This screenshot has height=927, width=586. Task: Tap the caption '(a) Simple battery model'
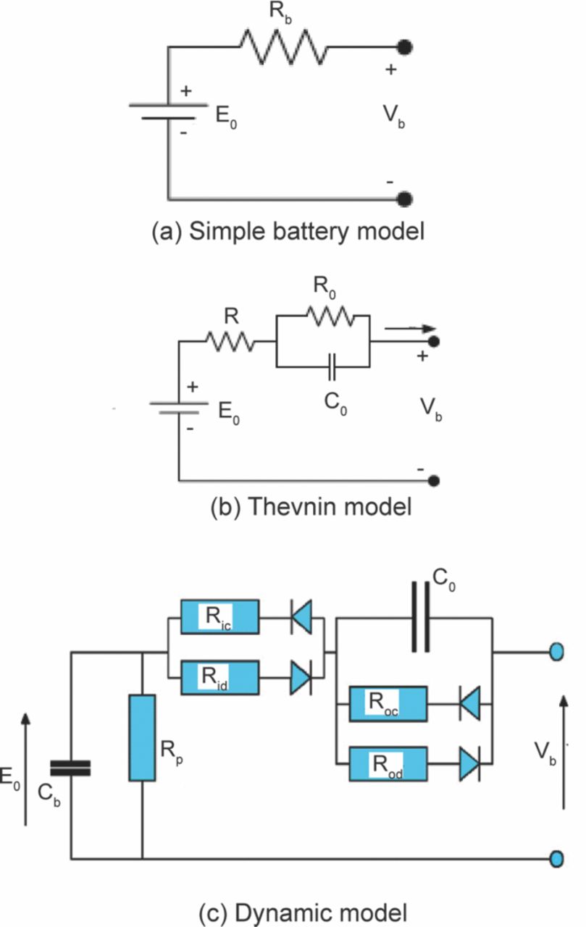[286, 232]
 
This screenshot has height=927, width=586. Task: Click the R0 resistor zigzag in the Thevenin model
[331, 316]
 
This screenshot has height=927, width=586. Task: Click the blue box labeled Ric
[219, 618]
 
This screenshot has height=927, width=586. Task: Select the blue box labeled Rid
[219, 679]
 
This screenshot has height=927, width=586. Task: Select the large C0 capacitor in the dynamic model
[421, 618]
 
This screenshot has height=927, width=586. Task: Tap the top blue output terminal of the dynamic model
[556, 652]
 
